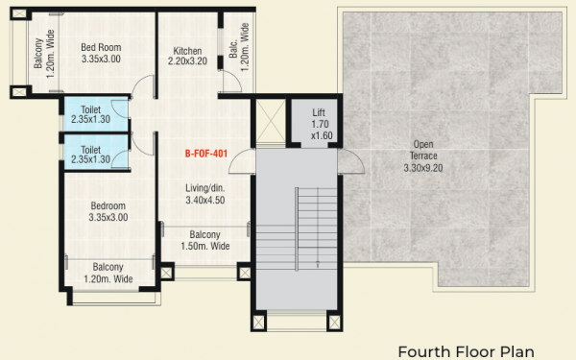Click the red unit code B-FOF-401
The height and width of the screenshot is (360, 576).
(x=206, y=153)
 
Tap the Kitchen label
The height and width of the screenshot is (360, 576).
(x=187, y=51)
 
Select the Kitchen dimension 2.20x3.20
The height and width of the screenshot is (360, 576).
(x=188, y=62)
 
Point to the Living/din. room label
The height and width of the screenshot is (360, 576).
(x=205, y=189)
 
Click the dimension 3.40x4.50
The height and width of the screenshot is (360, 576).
(x=205, y=202)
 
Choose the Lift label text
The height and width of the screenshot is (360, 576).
(x=319, y=112)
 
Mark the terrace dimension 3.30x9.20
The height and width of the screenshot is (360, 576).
(x=423, y=168)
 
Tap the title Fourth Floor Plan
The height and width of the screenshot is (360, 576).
(x=466, y=350)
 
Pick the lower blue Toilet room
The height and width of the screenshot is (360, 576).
(x=94, y=155)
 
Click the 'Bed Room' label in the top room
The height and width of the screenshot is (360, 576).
(x=100, y=46)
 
